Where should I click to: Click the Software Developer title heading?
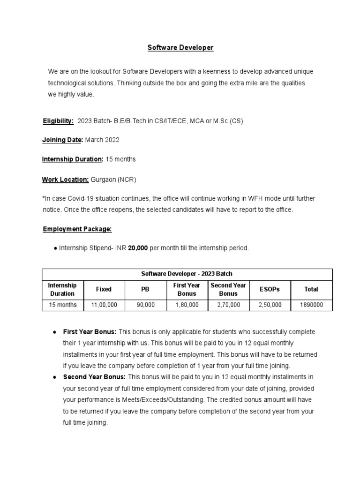[180, 48]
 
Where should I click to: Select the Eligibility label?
[58, 121]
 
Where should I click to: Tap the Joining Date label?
[62, 140]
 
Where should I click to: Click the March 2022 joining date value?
[102, 140]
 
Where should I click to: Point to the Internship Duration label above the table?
[73, 159]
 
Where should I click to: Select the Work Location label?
[65, 180]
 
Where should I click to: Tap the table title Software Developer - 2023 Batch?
[187, 274]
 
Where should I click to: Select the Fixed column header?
[104, 289]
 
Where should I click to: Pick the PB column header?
[145, 289]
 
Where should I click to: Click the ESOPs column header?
[270, 289]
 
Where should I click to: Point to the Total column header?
[311, 289]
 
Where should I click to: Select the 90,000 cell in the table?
[145, 305]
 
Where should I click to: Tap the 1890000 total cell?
[311, 305]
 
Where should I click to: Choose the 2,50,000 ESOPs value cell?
[270, 305]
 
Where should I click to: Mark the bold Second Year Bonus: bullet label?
[94, 377]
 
